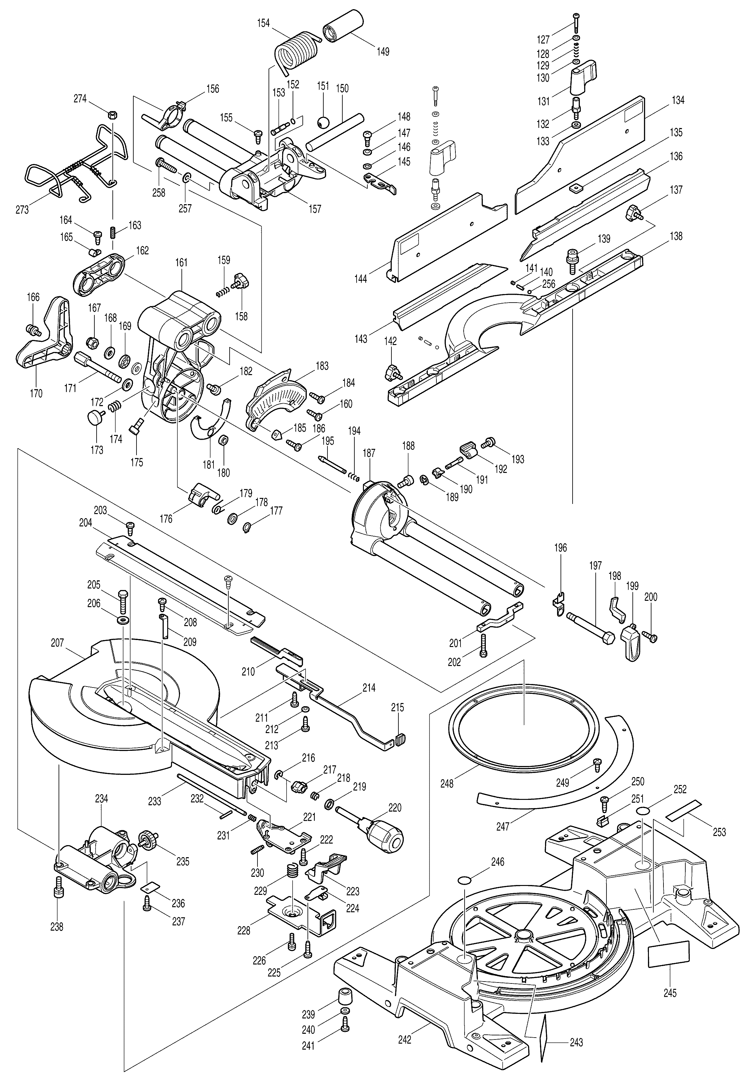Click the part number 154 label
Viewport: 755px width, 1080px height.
pyautogui.click(x=263, y=23)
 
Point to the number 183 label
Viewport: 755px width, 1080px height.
pyautogui.click(x=322, y=366)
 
